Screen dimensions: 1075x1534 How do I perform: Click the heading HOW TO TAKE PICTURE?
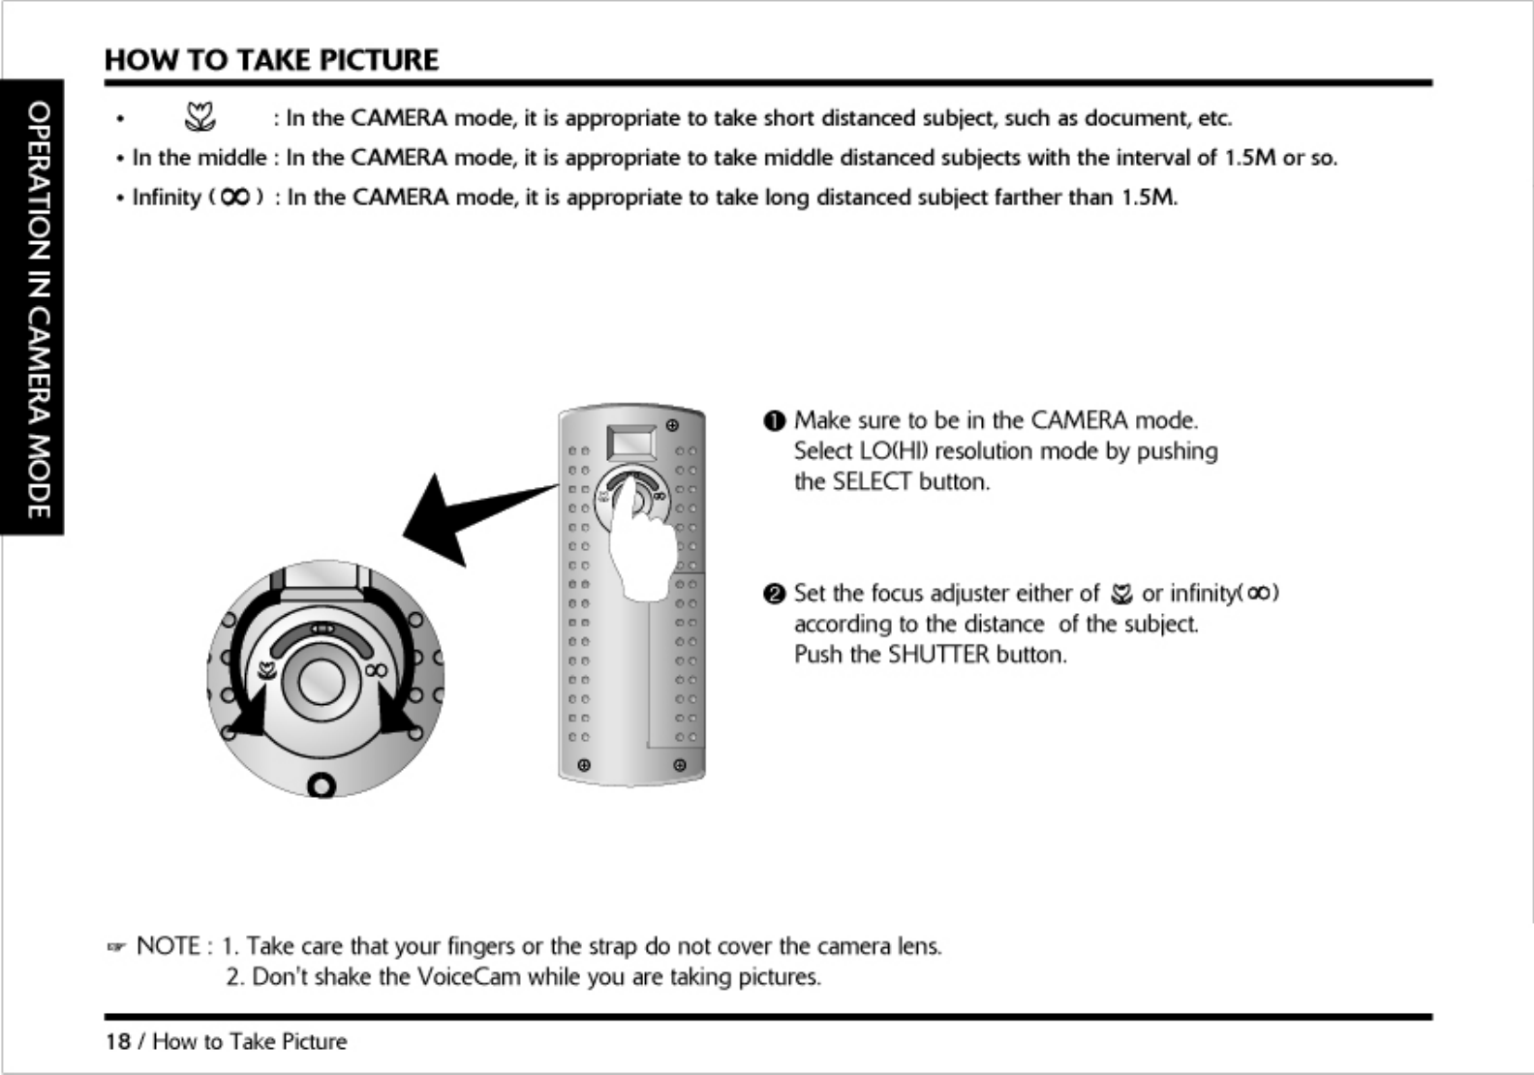(271, 60)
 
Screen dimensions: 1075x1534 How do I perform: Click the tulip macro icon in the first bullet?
(199, 118)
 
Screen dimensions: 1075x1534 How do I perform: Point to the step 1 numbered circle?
(773, 421)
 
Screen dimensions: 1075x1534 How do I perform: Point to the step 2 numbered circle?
(773, 594)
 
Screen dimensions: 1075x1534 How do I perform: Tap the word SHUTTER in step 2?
(938, 655)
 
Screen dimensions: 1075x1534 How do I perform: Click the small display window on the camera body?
(630, 444)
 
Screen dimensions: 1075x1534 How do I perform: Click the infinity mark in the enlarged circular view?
(377, 669)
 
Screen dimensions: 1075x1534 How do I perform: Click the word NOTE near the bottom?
(169, 946)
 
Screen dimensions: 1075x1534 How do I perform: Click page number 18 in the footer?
(117, 1042)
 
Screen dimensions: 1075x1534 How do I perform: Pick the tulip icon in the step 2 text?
(1121, 594)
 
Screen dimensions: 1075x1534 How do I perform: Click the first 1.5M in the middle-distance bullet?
(1249, 158)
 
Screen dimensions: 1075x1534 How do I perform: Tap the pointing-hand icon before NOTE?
(117, 947)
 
